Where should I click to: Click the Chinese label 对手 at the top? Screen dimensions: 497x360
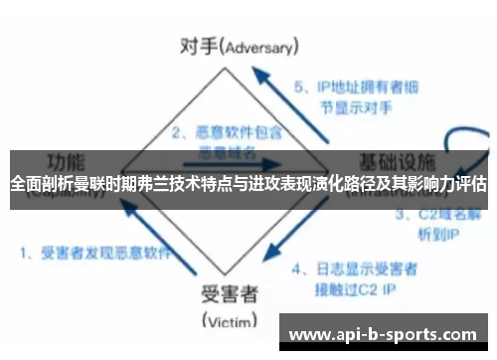click(x=195, y=45)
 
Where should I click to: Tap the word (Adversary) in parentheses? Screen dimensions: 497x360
click(x=260, y=47)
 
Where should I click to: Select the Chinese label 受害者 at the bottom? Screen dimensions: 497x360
click(x=230, y=294)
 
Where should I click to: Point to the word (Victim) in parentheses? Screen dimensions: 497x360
click(x=230, y=320)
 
